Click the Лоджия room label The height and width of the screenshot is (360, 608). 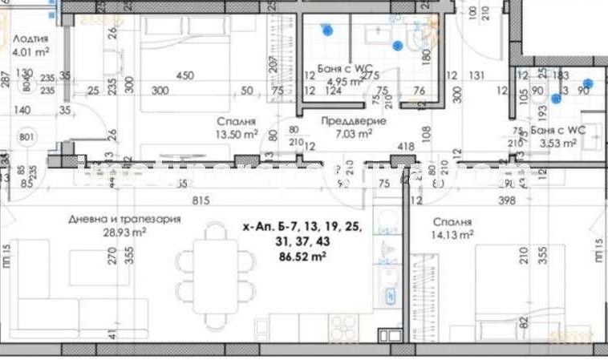[x=31, y=38]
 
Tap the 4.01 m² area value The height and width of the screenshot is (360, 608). [x=31, y=53]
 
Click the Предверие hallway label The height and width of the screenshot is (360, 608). [x=354, y=121]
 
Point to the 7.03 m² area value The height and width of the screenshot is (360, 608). [x=354, y=135]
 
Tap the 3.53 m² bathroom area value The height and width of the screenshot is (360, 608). [x=558, y=144]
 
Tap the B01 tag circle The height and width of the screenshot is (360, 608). [x=26, y=137]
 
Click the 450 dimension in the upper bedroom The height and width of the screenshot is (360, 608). [x=184, y=76]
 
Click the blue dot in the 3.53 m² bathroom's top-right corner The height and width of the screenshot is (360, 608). [x=588, y=83]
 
